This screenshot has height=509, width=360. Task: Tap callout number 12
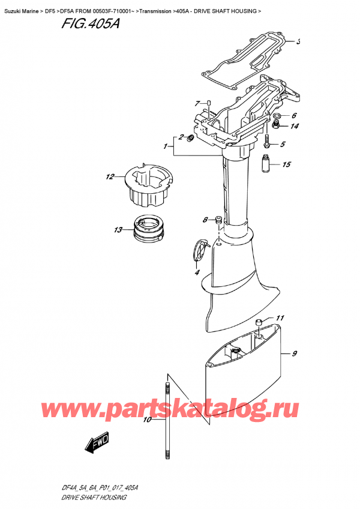pos(109,177)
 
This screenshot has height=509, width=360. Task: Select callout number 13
pos(118,230)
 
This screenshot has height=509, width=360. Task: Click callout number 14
pos(294,126)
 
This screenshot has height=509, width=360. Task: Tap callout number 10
pos(148,420)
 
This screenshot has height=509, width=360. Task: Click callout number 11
pos(280,318)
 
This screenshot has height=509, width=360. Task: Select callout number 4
pos(196,273)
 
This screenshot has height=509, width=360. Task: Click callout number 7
pos(197,104)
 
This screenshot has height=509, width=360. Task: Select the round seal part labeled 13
pos(146,229)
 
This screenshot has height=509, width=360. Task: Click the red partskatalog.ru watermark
pos(180,409)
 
